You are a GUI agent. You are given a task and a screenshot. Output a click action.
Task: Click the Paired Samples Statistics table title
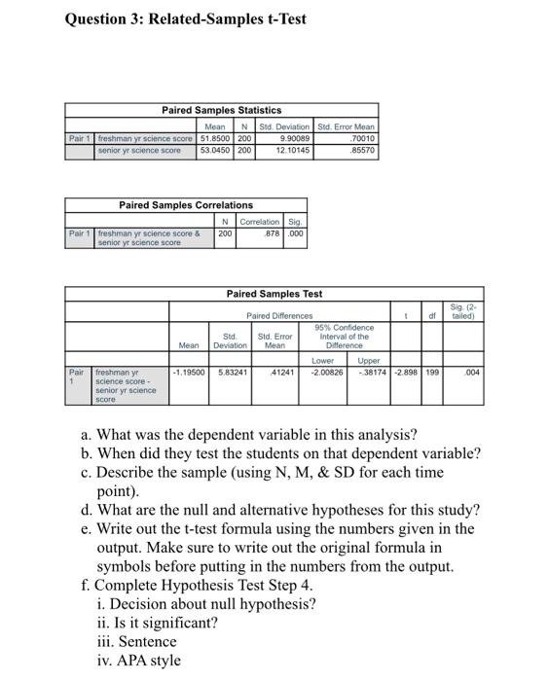point(221,110)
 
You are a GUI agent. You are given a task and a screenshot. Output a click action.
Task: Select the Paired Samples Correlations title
point(185,205)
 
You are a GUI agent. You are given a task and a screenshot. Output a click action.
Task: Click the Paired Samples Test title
point(274,294)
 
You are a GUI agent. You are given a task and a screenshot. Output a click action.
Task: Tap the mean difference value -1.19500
point(189,372)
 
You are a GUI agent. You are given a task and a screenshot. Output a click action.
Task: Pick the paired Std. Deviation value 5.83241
point(232,372)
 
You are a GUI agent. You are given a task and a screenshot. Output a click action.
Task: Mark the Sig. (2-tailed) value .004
point(472,372)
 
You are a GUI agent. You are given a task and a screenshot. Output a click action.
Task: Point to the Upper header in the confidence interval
point(369,360)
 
